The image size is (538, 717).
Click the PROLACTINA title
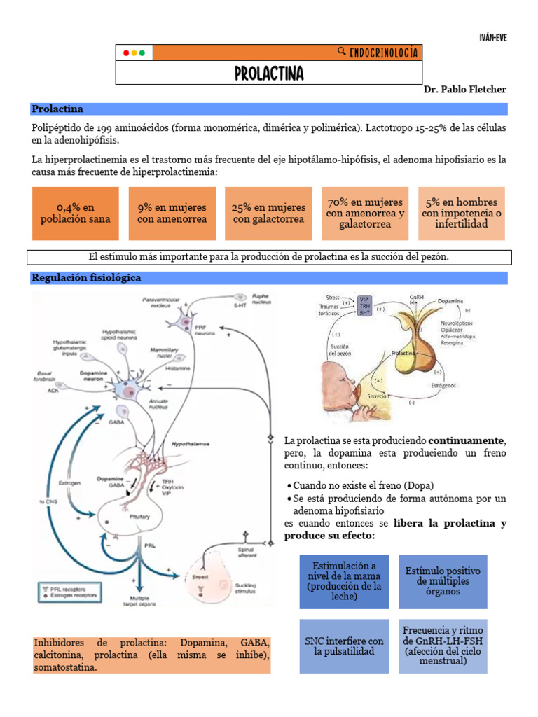[x=269, y=74]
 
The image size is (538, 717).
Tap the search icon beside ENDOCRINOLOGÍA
[x=341, y=52]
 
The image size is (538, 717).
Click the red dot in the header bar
[x=126, y=53]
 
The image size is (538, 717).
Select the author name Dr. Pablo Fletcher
[x=464, y=90]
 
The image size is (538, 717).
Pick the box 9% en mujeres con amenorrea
[x=172, y=213]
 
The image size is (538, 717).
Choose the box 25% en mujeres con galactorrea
[x=268, y=213]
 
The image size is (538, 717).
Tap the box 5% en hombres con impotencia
[x=461, y=213]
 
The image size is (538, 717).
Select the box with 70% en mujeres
[x=365, y=213]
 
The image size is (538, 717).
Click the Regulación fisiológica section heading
[x=87, y=277]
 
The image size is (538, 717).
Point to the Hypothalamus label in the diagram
[x=191, y=444]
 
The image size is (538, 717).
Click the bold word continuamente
[x=466, y=440]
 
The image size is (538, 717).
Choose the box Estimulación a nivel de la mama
[x=343, y=581]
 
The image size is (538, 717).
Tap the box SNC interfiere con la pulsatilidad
[x=343, y=646]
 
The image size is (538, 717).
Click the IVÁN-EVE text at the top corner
[x=492, y=38]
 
